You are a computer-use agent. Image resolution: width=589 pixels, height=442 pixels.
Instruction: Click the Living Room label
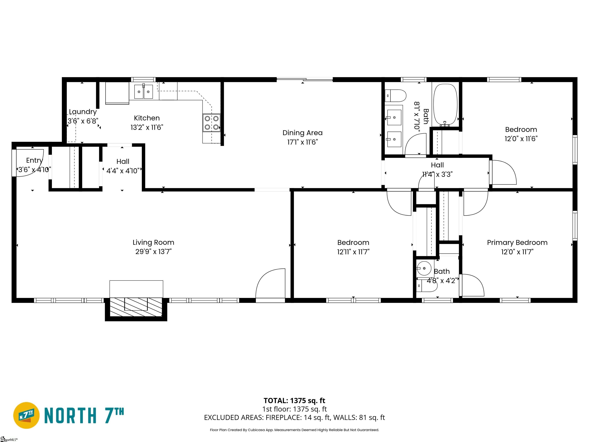click(153, 242)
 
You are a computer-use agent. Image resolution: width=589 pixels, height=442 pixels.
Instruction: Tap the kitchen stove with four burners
click(212, 123)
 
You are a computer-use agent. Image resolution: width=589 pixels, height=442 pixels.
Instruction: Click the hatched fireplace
click(136, 307)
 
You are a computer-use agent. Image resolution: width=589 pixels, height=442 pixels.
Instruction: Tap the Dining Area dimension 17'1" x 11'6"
click(303, 142)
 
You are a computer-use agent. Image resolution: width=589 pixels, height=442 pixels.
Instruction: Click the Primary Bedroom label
click(517, 242)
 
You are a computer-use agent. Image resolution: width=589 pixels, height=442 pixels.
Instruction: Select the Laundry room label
click(83, 112)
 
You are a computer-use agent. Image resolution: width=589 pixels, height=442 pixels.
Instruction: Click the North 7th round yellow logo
click(26, 415)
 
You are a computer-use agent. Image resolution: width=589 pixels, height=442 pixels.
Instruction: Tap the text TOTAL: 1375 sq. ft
click(294, 400)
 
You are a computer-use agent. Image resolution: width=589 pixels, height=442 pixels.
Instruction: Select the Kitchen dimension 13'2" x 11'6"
click(147, 127)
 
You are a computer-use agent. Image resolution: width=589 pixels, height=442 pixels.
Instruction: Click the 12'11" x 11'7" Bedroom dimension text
click(353, 252)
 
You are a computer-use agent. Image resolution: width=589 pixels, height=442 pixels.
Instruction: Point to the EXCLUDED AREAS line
click(294, 417)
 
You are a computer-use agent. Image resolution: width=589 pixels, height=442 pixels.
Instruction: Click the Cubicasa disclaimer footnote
click(294, 430)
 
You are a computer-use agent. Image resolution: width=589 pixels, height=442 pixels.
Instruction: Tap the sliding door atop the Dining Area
click(305, 79)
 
